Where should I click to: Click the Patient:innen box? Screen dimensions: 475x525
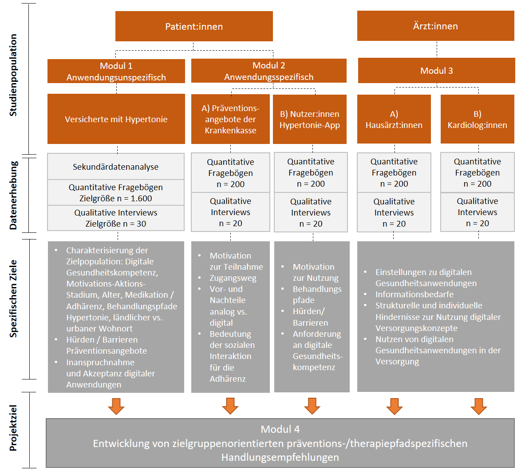(x=194, y=26)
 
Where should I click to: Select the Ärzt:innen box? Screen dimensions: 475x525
(x=435, y=26)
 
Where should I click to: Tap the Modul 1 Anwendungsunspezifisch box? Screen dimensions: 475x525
(x=116, y=71)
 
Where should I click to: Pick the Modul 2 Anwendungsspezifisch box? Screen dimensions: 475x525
(x=268, y=71)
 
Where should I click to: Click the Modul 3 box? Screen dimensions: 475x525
(x=436, y=71)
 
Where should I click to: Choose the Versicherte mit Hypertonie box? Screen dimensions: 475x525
(x=116, y=119)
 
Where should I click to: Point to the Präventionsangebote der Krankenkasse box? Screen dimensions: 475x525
(x=230, y=119)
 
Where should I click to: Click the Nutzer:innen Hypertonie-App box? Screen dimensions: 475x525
(x=309, y=120)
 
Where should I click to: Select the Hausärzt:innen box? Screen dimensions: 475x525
(x=394, y=120)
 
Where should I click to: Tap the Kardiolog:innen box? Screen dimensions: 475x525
(x=477, y=120)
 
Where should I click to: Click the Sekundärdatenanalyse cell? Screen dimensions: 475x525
(x=115, y=167)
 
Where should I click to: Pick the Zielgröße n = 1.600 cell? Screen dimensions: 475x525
(x=115, y=193)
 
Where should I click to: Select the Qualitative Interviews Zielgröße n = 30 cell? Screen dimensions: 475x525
(x=115, y=218)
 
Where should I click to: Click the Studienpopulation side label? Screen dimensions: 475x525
(x=13, y=75)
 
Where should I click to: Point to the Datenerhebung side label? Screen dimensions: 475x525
(x=13, y=195)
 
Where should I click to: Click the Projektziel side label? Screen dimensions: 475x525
(x=13, y=428)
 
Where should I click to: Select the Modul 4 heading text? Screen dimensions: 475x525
(x=280, y=429)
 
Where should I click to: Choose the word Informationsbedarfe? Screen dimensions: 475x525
(x=414, y=294)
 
